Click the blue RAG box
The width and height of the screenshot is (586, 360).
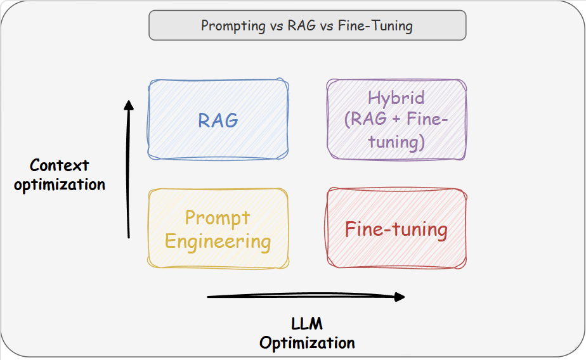click(x=218, y=120)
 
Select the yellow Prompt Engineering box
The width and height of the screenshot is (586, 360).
click(x=218, y=229)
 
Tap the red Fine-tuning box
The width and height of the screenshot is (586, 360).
click(x=396, y=228)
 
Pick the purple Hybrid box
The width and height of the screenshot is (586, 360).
click(x=396, y=120)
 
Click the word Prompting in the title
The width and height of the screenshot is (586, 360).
click(x=233, y=26)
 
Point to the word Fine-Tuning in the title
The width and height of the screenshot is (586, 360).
click(x=375, y=26)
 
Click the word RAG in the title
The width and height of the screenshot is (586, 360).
click(x=302, y=26)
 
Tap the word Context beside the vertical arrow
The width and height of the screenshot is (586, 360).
click(x=60, y=165)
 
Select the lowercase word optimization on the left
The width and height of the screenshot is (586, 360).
click(x=60, y=185)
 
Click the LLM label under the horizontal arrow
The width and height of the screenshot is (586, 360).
click(x=307, y=324)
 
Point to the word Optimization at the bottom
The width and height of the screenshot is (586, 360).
click(x=307, y=343)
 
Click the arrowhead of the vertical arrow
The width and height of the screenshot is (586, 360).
click(x=129, y=105)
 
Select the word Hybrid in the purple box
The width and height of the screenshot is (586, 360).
click(x=396, y=98)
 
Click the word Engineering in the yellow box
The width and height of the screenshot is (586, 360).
click(x=218, y=241)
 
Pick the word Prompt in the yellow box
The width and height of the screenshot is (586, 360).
click(x=218, y=218)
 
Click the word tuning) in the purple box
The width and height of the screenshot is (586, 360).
click(x=396, y=142)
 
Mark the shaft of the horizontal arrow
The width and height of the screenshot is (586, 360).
click(x=301, y=297)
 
